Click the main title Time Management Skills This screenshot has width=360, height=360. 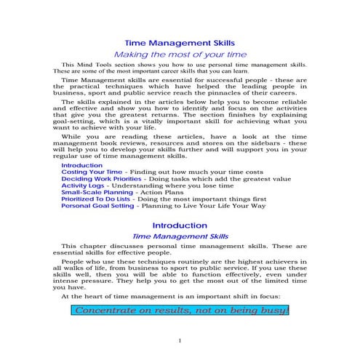tap(180, 43)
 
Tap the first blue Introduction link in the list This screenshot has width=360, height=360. tap(82, 165)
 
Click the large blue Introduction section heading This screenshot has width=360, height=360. tap(180, 225)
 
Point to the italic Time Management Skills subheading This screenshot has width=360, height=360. tap(180, 237)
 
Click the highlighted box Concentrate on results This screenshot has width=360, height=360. tap(180, 311)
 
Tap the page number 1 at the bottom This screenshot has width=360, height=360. tap(180, 340)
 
